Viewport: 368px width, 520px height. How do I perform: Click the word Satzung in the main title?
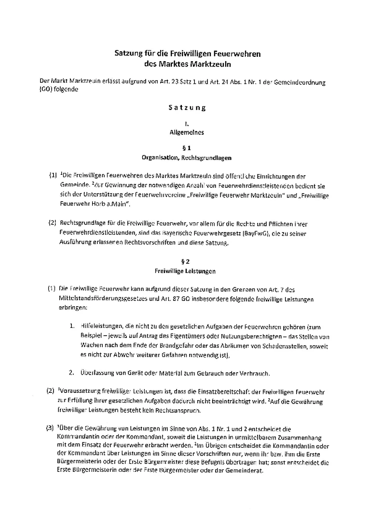point(127,54)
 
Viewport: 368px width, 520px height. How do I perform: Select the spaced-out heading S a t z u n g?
point(187,108)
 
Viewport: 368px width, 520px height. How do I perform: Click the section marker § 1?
point(187,148)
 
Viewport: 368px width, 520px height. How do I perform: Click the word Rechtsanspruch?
point(189,411)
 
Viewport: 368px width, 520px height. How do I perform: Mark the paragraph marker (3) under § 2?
point(50,428)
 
